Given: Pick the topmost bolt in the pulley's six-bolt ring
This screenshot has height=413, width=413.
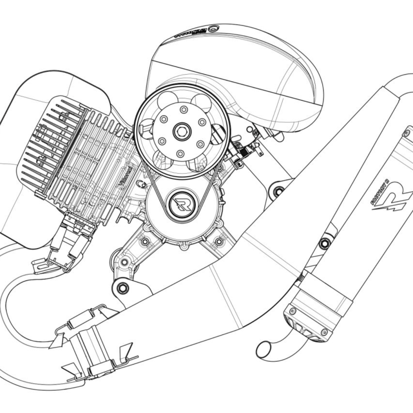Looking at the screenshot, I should click(183, 109).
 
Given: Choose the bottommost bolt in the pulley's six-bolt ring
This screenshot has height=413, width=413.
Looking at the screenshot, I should click(179, 153).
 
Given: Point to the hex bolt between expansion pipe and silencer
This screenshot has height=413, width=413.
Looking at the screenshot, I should click(324, 243).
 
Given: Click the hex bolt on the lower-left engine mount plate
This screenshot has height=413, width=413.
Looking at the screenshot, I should click(121, 287).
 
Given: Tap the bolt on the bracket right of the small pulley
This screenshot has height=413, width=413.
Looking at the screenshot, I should click(278, 190).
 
